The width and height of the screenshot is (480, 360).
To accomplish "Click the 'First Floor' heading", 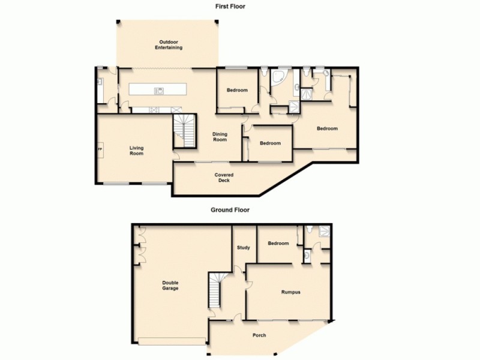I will tap(231, 7).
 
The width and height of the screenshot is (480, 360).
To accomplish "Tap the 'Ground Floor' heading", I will tap(230, 210).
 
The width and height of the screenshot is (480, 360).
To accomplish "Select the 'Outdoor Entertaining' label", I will tap(168, 44).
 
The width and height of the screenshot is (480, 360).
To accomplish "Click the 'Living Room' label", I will tap(136, 150).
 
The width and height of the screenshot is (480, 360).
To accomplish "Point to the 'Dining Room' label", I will tap(220, 137).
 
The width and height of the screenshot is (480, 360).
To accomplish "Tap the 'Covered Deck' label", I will tap(224, 178).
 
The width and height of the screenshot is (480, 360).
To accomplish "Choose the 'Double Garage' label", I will tap(170, 286).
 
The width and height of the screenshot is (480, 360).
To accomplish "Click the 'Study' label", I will tap(243, 247).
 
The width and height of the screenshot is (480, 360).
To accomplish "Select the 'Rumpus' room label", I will tap(290, 292).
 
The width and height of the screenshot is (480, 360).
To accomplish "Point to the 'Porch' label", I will tap(259, 335).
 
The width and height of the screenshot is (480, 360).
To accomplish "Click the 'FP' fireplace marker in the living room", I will tap(100, 149).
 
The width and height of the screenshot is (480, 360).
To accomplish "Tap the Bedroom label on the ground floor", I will tap(278, 243).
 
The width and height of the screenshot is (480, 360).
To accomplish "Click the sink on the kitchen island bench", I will tap(160, 91).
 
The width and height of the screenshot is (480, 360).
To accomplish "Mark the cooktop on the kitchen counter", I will tap(154, 109).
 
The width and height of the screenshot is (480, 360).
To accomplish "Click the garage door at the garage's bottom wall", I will tap(171, 342).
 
